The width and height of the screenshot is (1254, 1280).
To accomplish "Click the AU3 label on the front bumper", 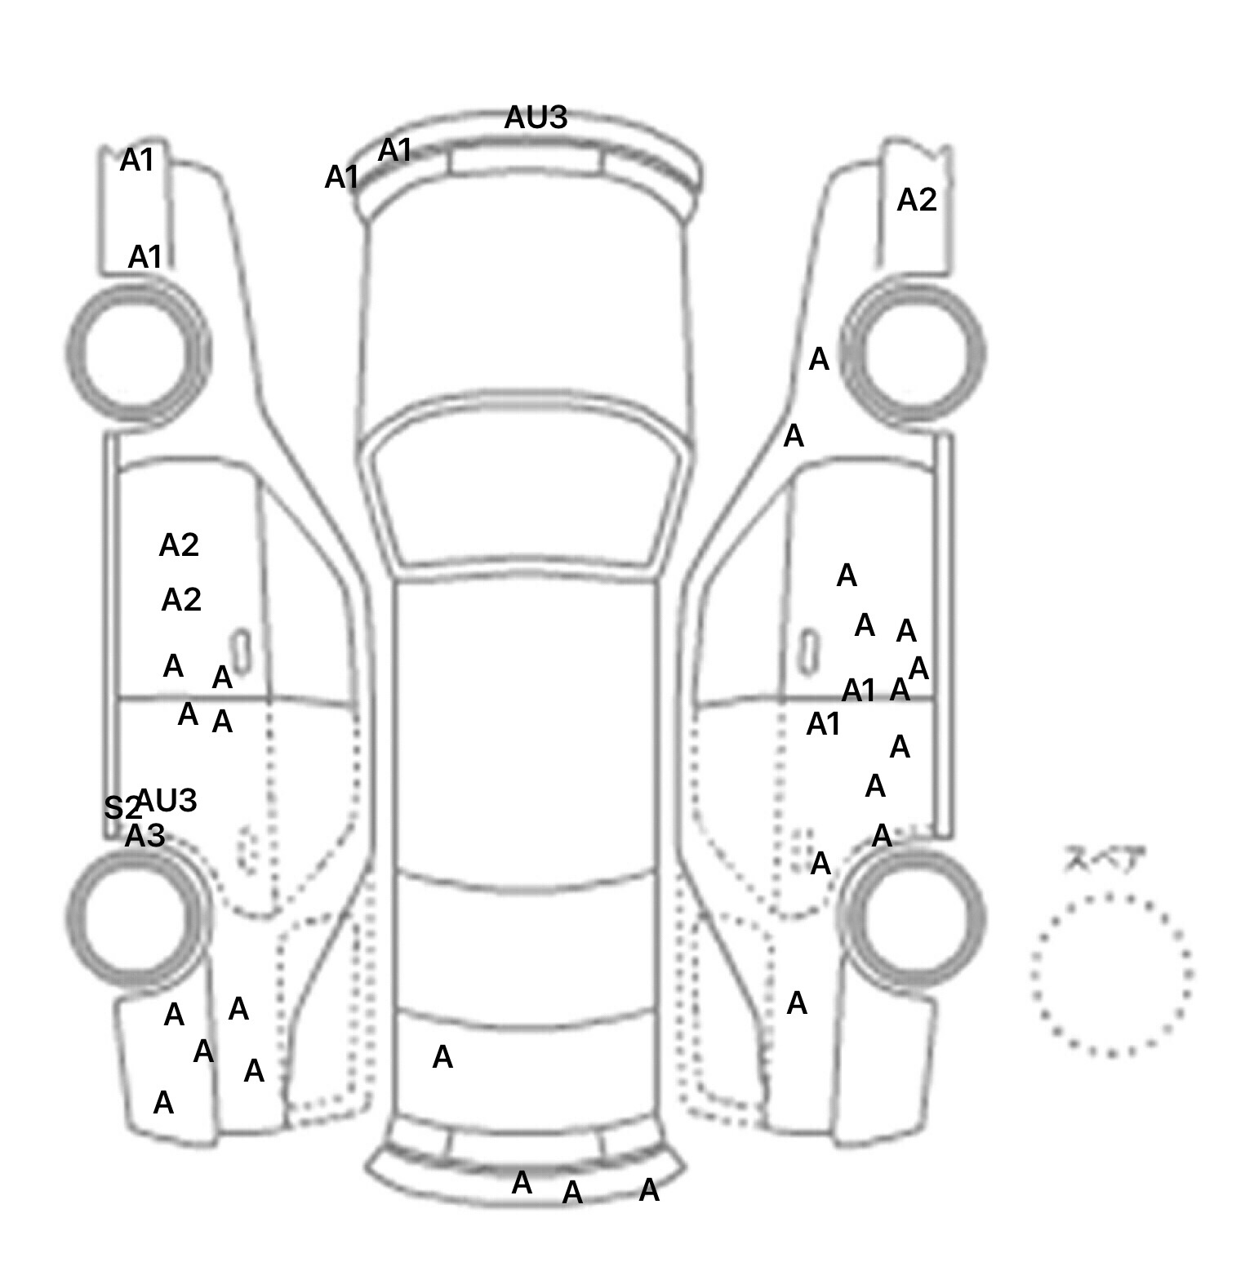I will point(536,118).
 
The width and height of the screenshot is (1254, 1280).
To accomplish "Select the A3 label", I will point(145,836).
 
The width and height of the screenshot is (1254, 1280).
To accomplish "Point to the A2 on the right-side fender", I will point(916,200).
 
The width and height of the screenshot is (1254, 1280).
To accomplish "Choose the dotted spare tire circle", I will point(1111,974).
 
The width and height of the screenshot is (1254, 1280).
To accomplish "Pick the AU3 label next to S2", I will point(167,801).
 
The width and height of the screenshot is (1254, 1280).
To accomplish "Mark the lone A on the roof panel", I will point(442,1058).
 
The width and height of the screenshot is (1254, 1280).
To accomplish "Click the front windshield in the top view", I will point(526,490).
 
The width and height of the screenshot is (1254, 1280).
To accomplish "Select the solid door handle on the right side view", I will point(808,652).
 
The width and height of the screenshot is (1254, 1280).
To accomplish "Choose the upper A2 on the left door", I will point(179,545).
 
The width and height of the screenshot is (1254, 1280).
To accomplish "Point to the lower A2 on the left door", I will point(181,601).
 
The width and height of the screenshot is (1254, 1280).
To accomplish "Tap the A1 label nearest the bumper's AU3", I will point(395,151).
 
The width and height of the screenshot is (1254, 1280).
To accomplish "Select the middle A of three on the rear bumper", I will point(572,1193).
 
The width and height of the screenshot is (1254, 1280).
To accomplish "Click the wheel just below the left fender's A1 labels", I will point(136,353).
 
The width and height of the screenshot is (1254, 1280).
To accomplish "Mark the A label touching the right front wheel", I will point(819,359).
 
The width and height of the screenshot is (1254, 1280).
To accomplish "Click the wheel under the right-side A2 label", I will point(914,353).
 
